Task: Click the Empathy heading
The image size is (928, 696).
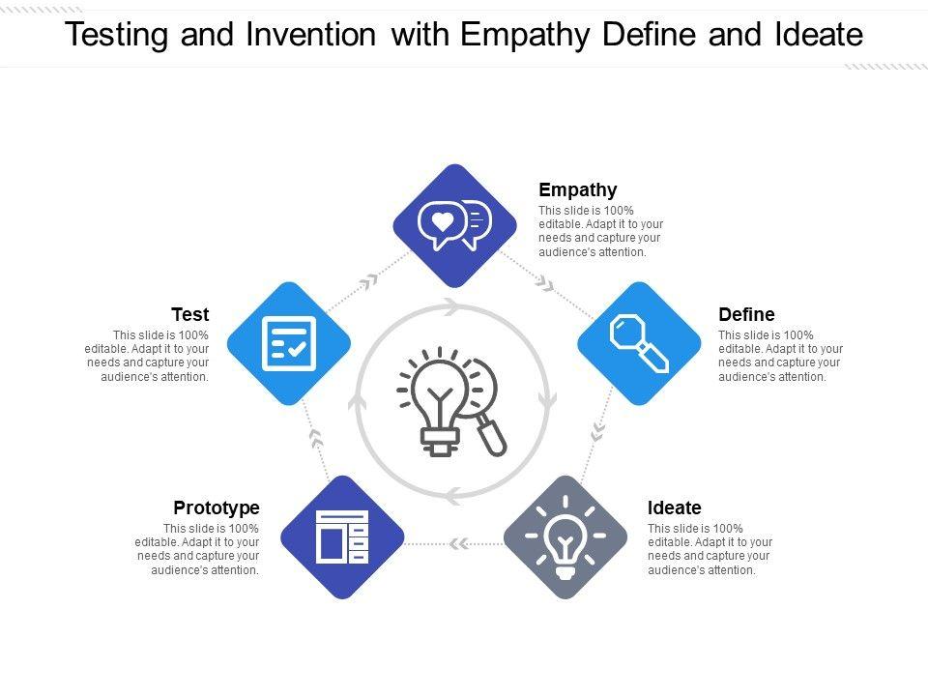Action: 577,190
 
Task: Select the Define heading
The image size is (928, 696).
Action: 746,315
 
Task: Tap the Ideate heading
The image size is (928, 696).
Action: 674,508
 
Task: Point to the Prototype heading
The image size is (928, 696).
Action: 217,508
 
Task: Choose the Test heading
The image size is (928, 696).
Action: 190,315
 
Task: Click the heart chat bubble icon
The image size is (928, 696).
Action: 453,225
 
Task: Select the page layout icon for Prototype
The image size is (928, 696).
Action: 342,536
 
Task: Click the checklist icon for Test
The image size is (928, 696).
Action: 289,343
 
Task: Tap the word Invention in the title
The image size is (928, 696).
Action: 309,36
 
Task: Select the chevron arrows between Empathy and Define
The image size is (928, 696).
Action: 545,283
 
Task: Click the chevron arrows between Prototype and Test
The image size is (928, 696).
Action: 315,439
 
